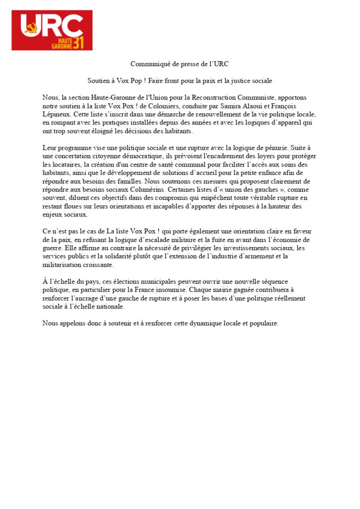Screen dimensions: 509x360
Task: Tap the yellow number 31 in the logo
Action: (78, 43)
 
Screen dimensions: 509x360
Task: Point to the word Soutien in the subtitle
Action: (98, 80)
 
